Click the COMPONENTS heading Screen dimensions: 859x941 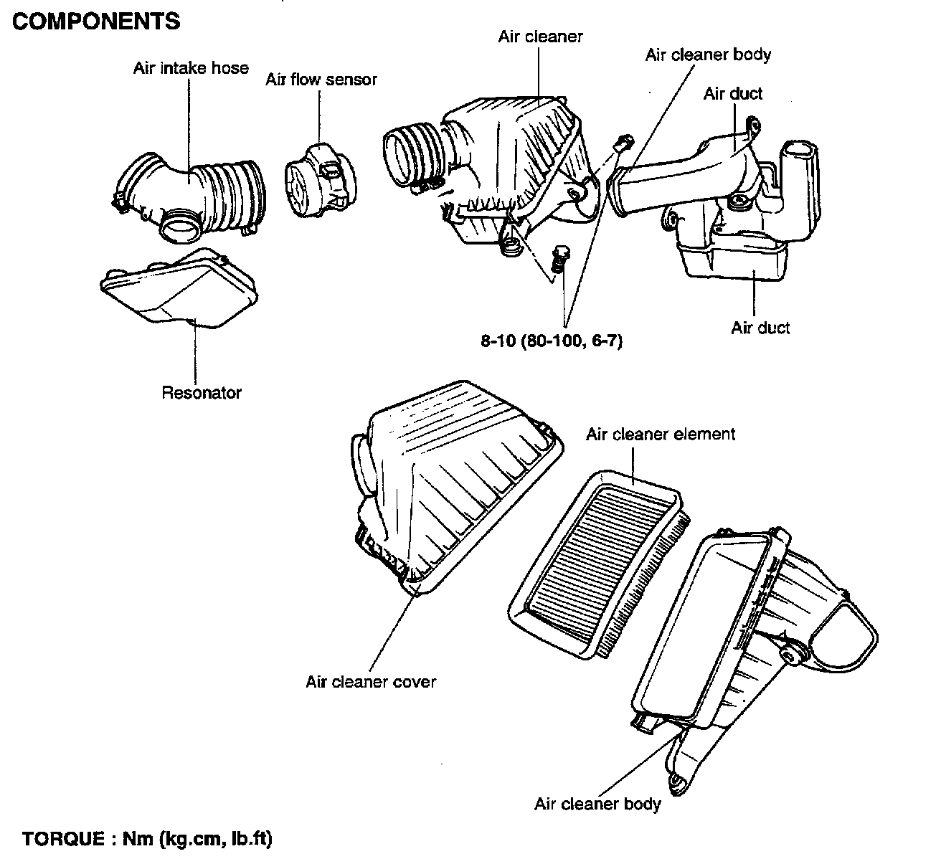(97, 22)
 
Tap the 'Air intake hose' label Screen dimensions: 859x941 (191, 68)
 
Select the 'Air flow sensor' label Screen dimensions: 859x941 (321, 80)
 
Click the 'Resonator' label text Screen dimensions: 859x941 (202, 393)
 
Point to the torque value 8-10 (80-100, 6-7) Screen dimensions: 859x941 (552, 341)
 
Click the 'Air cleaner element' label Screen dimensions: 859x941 (661, 435)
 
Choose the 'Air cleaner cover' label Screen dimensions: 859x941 (371, 681)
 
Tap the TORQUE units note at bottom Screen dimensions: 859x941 (148, 838)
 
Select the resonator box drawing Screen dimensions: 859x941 (179, 287)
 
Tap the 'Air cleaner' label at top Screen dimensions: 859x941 (541, 37)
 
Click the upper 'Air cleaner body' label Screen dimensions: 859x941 (708, 55)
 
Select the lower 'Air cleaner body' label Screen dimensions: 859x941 (597, 804)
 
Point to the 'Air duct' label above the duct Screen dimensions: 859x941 (732, 94)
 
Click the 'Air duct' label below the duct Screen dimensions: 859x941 (760, 328)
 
